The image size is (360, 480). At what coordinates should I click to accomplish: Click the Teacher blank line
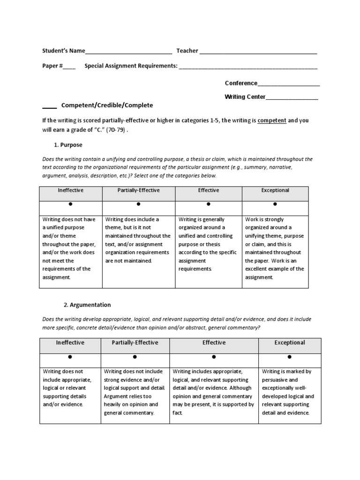coord(258,51)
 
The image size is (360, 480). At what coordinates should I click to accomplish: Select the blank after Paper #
coord(69,67)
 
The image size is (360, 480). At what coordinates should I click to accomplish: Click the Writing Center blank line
coord(292,97)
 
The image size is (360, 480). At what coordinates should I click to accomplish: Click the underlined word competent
coord(272,120)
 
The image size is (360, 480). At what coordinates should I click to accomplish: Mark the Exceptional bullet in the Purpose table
coord(275,204)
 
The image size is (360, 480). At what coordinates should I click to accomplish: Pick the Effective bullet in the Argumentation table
coord(214,357)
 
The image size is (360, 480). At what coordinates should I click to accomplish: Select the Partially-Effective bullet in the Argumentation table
coord(135,357)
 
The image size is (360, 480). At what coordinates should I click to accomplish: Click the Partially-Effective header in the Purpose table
coord(138,190)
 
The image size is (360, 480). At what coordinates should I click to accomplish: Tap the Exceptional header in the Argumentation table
coord(290,343)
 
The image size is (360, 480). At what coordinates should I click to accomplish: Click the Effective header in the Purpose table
coord(208,190)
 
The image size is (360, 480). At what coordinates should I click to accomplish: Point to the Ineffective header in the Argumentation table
coord(70,343)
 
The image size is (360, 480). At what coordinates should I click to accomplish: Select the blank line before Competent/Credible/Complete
coord(49,106)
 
